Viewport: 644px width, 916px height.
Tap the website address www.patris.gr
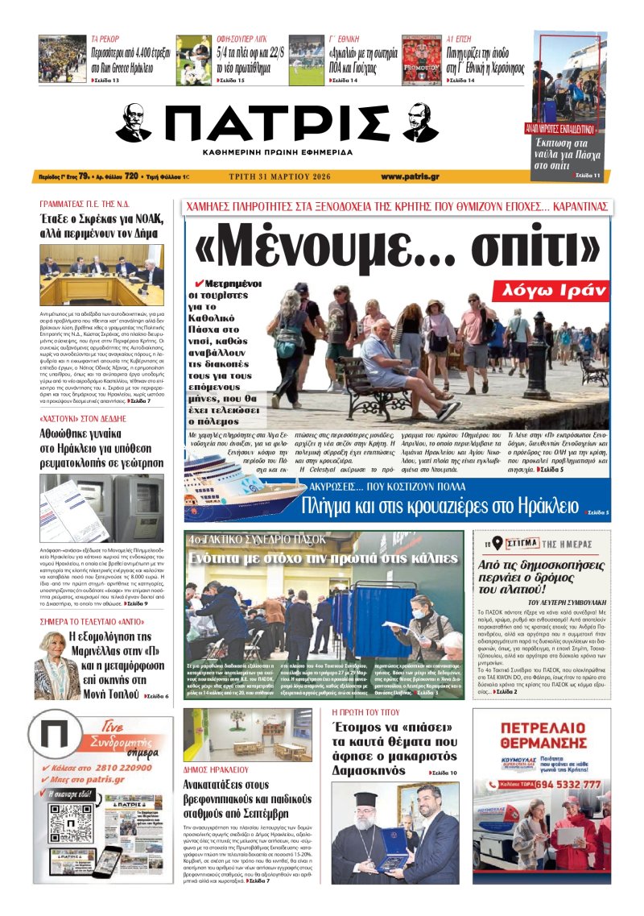(410, 176)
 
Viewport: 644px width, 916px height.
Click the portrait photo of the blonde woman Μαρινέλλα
(56, 653)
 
